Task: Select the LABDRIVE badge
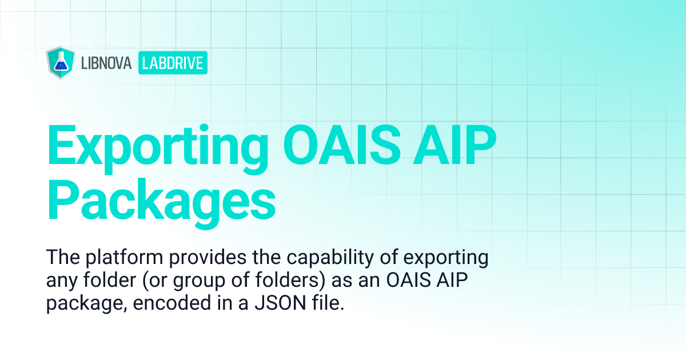pos(173,63)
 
